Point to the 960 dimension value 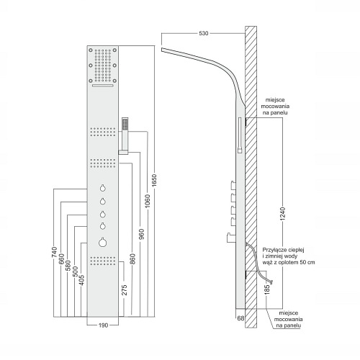tap(141, 234)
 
